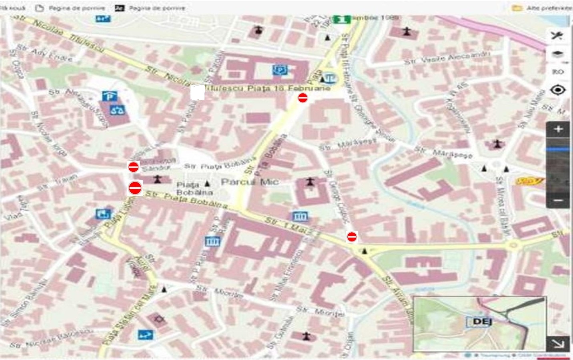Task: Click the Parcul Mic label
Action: tap(250, 182)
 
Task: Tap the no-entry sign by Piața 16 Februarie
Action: tap(303, 98)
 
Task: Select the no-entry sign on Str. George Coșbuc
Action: tap(352, 237)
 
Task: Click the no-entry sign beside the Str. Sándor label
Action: tap(133, 167)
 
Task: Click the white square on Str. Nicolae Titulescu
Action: tap(198, 93)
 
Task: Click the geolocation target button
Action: tap(558, 90)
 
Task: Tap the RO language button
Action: tap(558, 72)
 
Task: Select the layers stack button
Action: tap(558, 54)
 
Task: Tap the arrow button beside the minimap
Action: tap(558, 344)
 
